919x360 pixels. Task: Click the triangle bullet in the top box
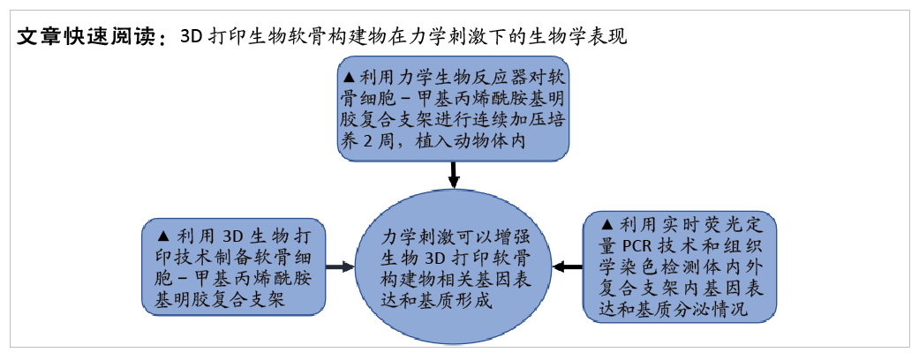pyautogui.click(x=350, y=77)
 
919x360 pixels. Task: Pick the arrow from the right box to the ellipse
pyautogui.click(x=568, y=267)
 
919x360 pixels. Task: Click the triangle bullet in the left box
pyautogui.click(x=164, y=236)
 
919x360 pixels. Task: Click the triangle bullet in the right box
pyautogui.click(x=607, y=224)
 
